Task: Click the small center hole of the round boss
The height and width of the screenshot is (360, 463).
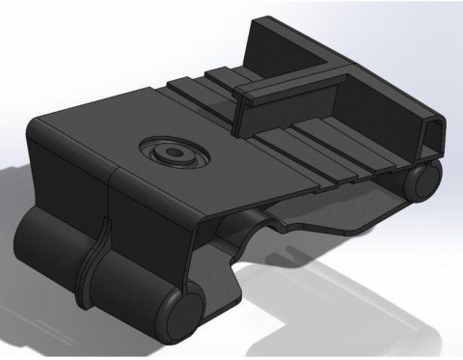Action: tap(174, 152)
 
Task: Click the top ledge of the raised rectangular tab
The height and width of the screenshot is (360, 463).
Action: tap(265, 87)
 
